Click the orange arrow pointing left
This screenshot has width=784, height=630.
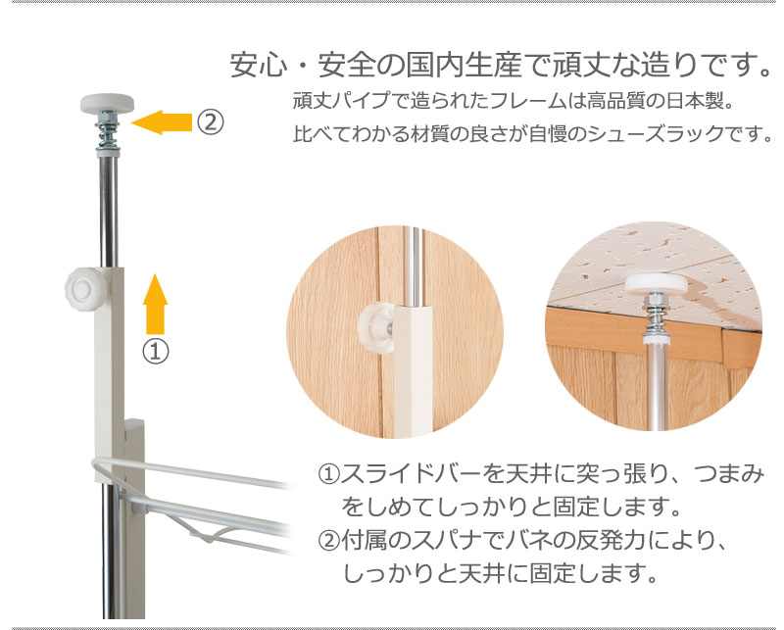(161, 122)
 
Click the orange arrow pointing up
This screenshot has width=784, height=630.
(155, 304)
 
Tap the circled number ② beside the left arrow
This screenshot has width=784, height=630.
(210, 121)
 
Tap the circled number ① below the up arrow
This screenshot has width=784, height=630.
(156, 352)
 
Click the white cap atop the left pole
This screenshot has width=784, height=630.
(107, 103)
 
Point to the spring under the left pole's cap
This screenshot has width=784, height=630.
(107, 133)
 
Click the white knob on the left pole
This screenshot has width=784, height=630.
(86, 288)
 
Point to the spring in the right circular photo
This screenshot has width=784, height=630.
(655, 316)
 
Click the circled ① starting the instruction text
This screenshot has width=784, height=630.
(328, 474)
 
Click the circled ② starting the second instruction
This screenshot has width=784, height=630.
(328, 541)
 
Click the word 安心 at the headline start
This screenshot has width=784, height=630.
(259, 65)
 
